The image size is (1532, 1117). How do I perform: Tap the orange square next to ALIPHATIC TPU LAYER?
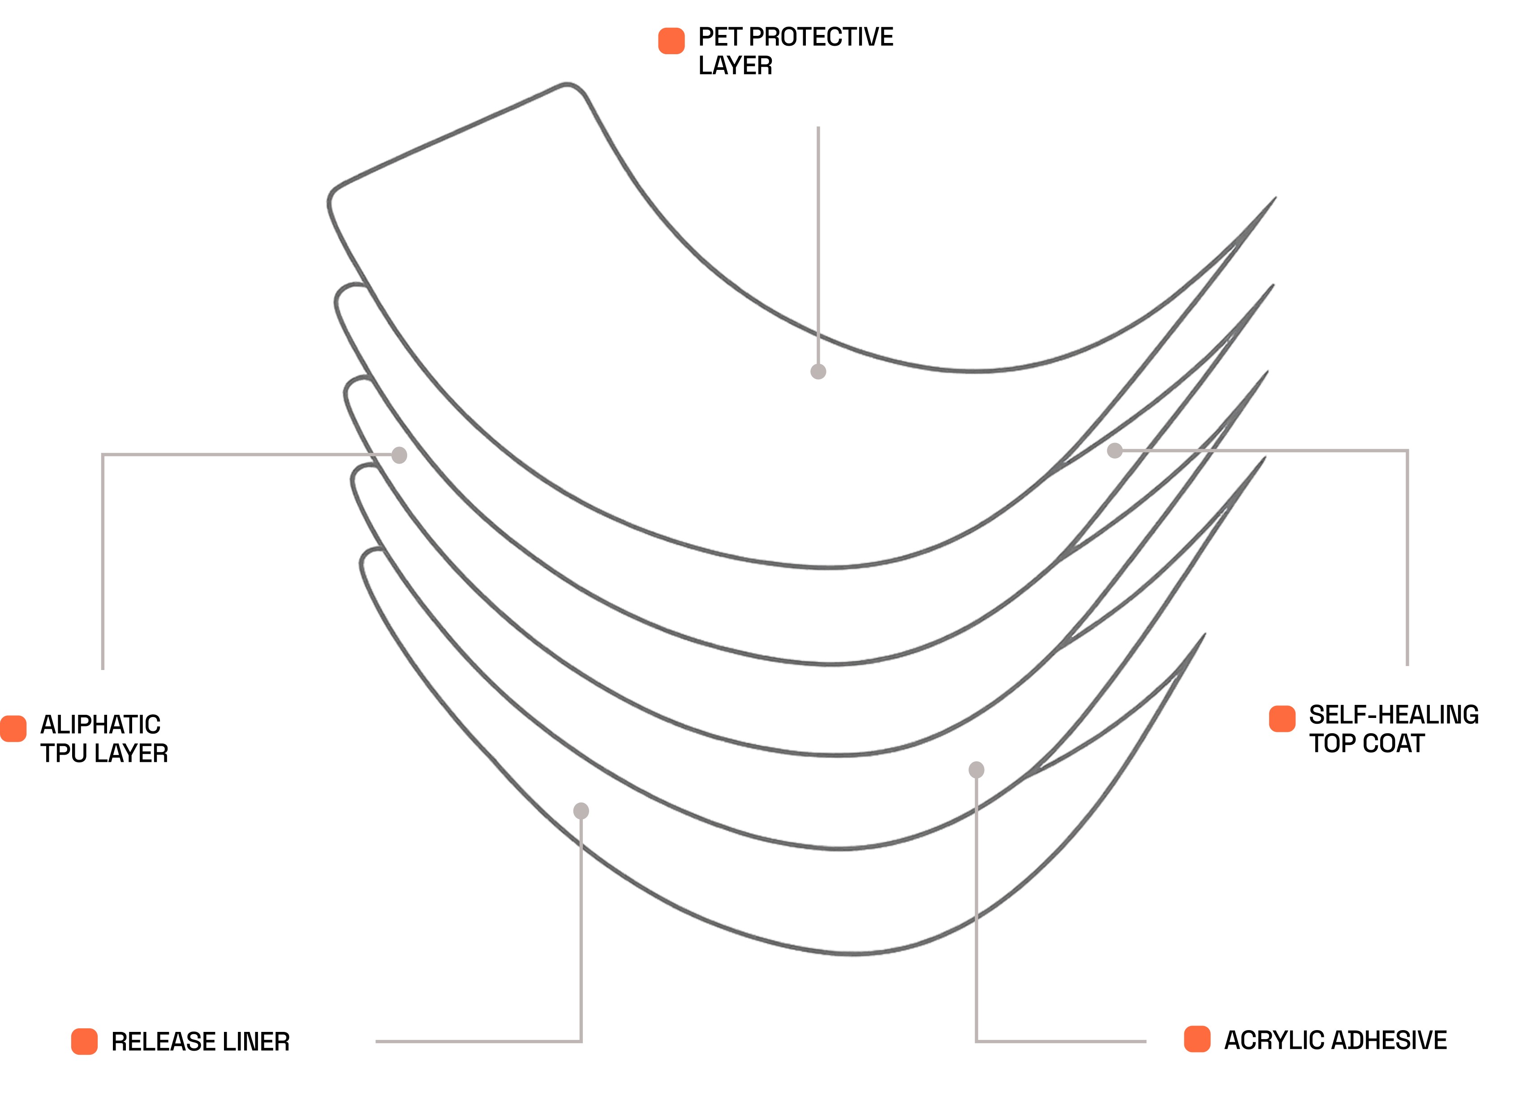tap(13, 728)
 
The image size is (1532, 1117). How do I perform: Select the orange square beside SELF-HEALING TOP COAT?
tap(1282, 719)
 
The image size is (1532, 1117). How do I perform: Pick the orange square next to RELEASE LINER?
tap(85, 1041)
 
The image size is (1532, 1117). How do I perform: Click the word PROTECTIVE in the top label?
tap(821, 37)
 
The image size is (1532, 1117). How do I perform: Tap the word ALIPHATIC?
tap(100, 725)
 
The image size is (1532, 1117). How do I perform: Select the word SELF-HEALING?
tap(1394, 715)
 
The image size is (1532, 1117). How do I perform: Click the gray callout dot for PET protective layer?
tap(818, 371)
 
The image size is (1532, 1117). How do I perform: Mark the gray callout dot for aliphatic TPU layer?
tap(400, 455)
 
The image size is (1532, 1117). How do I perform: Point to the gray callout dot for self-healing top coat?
tap(1115, 450)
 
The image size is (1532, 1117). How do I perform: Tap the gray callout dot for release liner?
tap(581, 811)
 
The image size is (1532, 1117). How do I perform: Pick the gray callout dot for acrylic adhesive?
tap(976, 769)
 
